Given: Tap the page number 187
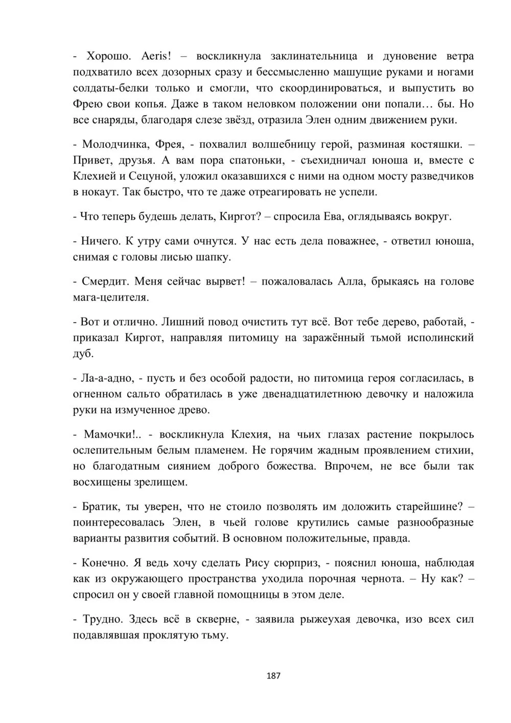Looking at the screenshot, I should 274,676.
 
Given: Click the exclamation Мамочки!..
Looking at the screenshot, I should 112,435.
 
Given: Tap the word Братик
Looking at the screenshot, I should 101,507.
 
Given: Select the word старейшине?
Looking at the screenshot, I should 429,507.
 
